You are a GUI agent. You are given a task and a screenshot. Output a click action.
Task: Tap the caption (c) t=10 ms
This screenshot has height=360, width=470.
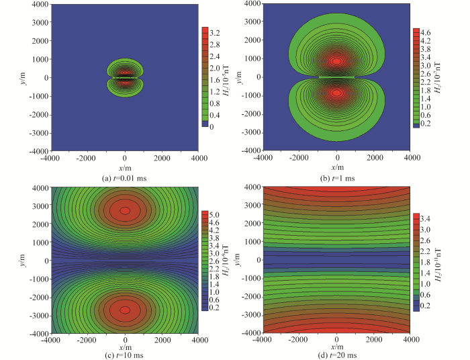point(125,355)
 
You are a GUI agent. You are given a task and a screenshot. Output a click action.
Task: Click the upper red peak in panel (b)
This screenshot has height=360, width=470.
point(337,61)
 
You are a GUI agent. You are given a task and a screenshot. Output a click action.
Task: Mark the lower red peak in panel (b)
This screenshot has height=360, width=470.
point(337,93)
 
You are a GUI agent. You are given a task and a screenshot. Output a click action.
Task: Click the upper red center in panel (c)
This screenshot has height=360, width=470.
point(125,210)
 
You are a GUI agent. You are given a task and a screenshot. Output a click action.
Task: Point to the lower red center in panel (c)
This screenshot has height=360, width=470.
point(125,310)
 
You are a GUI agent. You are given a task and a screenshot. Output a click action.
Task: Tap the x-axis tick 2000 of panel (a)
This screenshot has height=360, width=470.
point(161,158)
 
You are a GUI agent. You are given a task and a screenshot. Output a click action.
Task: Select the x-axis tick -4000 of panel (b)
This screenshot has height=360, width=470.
point(264,158)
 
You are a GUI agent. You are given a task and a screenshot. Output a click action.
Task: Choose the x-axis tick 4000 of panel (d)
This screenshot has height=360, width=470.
point(410,339)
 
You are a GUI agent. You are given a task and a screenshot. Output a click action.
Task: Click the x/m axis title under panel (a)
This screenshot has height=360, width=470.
point(125,167)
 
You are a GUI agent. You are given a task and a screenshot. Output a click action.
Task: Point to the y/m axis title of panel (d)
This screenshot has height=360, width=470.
point(244,261)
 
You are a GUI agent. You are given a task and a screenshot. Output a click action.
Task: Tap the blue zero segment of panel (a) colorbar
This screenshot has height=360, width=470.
point(206,124)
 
